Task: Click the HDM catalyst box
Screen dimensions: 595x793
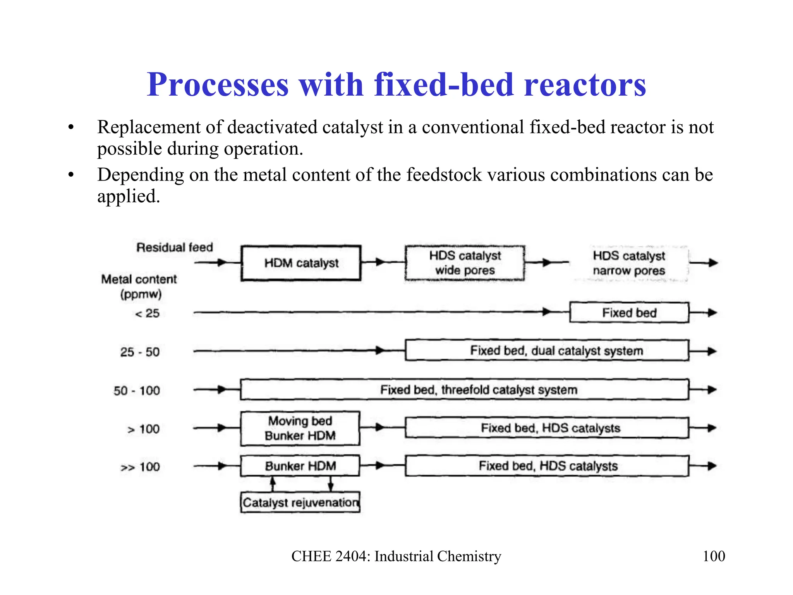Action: pos(301,263)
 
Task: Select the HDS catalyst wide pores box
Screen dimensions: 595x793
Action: pos(465,263)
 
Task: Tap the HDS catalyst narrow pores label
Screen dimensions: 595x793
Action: pos(629,263)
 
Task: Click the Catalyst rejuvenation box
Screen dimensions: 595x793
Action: pos(300,502)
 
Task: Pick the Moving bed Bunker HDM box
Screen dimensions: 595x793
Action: pos(300,428)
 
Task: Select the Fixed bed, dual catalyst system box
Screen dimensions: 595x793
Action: pos(547,351)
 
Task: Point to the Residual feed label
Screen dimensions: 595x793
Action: pos(175,247)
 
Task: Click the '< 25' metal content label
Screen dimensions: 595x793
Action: pos(147,313)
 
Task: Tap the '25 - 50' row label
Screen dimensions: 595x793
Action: pos(140,352)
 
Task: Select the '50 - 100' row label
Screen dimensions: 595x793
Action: pos(137,390)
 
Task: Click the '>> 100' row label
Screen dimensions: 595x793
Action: pos(140,467)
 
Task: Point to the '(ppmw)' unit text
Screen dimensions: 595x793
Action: pos(141,294)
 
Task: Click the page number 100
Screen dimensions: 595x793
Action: pos(714,556)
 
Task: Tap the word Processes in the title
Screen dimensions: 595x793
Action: pos(218,84)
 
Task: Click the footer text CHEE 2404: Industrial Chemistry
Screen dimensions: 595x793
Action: pos(396,556)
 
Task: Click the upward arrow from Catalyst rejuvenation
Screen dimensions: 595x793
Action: pos(273,483)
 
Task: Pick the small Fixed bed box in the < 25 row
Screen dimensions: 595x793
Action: pos(629,313)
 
